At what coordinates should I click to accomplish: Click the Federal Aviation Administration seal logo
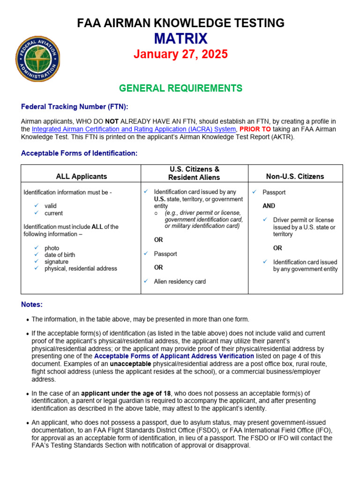(x=37, y=59)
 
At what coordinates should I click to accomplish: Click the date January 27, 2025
(x=180, y=54)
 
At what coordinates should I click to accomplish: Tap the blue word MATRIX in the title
(x=180, y=38)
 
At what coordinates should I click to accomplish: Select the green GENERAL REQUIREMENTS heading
(x=180, y=88)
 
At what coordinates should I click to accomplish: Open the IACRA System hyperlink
(x=134, y=129)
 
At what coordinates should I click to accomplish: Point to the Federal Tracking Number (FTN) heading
(x=75, y=107)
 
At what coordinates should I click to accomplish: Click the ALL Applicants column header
(x=81, y=176)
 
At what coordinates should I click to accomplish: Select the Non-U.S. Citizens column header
(x=295, y=176)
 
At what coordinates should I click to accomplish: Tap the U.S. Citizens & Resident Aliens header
(x=195, y=173)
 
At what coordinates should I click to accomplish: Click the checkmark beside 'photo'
(x=36, y=248)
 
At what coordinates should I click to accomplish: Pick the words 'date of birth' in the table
(x=60, y=255)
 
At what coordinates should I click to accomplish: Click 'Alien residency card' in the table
(x=180, y=282)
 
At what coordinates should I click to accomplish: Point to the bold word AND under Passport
(x=269, y=206)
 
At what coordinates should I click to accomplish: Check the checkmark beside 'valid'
(x=36, y=206)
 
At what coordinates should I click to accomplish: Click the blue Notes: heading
(x=32, y=305)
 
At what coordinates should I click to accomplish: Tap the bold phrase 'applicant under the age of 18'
(x=126, y=393)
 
